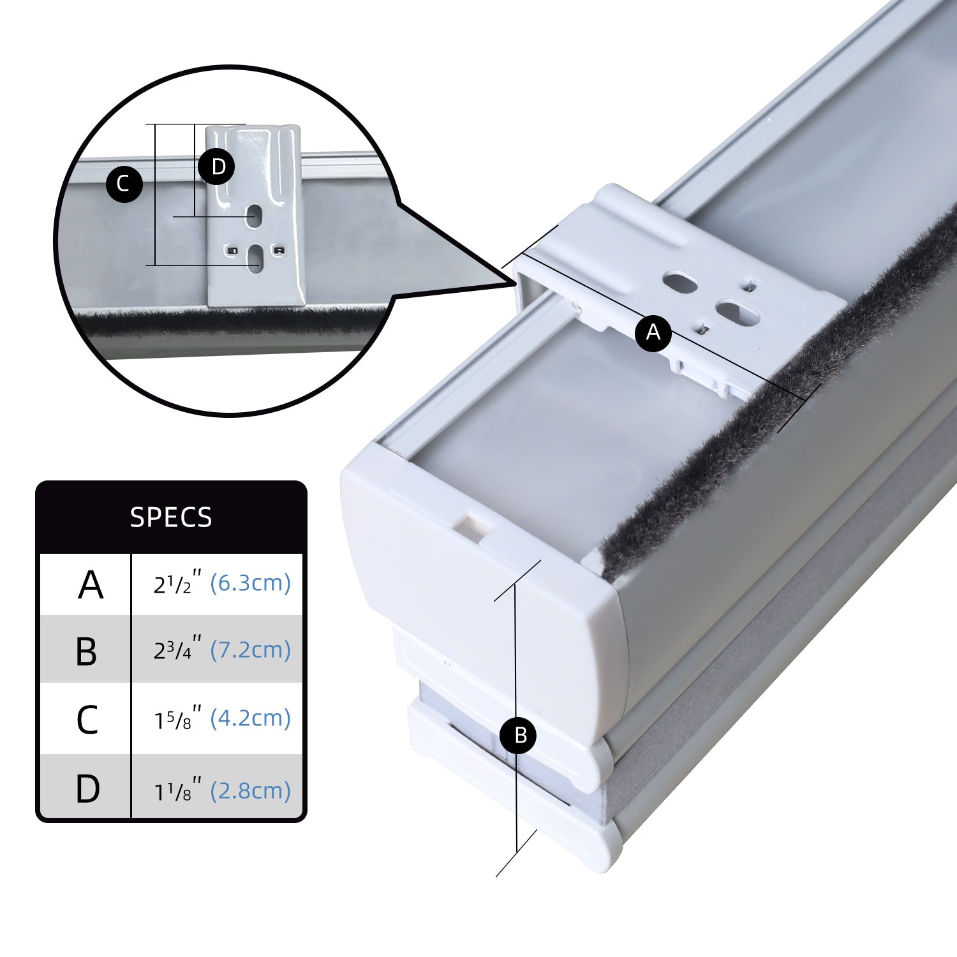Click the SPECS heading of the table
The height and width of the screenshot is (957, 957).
point(171,517)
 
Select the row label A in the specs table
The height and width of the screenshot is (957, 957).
point(91,585)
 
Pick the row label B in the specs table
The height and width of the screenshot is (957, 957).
point(86,652)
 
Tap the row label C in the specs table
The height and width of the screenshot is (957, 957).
point(87,720)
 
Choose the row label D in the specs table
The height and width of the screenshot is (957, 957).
point(87,789)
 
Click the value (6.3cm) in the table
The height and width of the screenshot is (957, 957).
point(250,583)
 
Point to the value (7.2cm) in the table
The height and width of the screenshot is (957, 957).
point(250,650)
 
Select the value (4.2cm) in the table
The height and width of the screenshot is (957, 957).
point(250,718)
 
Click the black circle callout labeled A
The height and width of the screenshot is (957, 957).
point(653,332)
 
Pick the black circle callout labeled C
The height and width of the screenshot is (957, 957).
point(124,184)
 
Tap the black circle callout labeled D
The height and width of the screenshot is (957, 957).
point(217,167)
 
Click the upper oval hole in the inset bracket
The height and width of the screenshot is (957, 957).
point(255,215)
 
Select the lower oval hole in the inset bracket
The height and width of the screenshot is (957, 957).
point(255,258)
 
